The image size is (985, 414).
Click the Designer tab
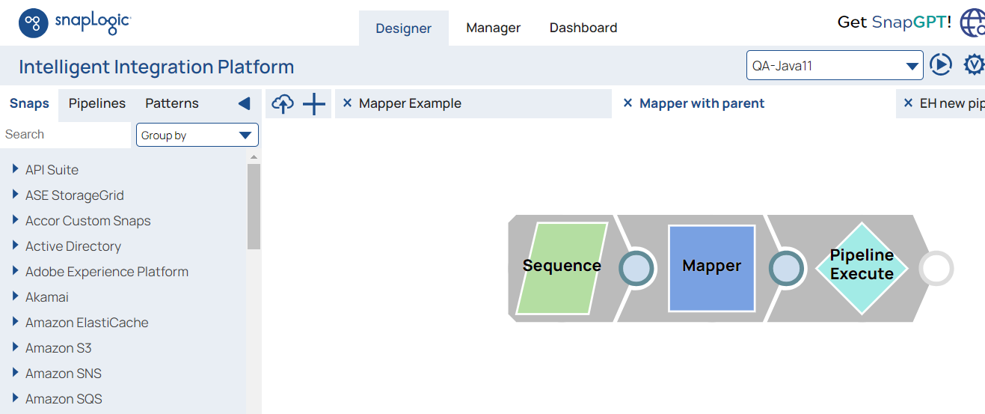403,28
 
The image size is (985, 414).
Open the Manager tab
493,28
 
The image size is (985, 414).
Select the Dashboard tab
583,28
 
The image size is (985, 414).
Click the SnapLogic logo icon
34,23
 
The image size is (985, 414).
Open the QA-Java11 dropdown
835,66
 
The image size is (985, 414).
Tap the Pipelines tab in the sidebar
97,103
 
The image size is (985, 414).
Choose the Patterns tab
172,103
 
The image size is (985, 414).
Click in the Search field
66,135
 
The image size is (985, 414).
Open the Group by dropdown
197,136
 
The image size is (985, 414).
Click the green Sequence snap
562,267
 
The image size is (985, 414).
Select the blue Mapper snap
711,267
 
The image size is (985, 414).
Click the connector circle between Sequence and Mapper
637,268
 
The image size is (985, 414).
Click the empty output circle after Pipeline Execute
936,268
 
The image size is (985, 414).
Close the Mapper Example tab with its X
347,103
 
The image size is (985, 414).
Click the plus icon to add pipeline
314,104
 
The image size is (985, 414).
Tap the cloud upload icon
282,104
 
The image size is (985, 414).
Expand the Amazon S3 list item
16,348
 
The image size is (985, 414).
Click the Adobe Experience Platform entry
107,272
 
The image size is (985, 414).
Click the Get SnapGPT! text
895,22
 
